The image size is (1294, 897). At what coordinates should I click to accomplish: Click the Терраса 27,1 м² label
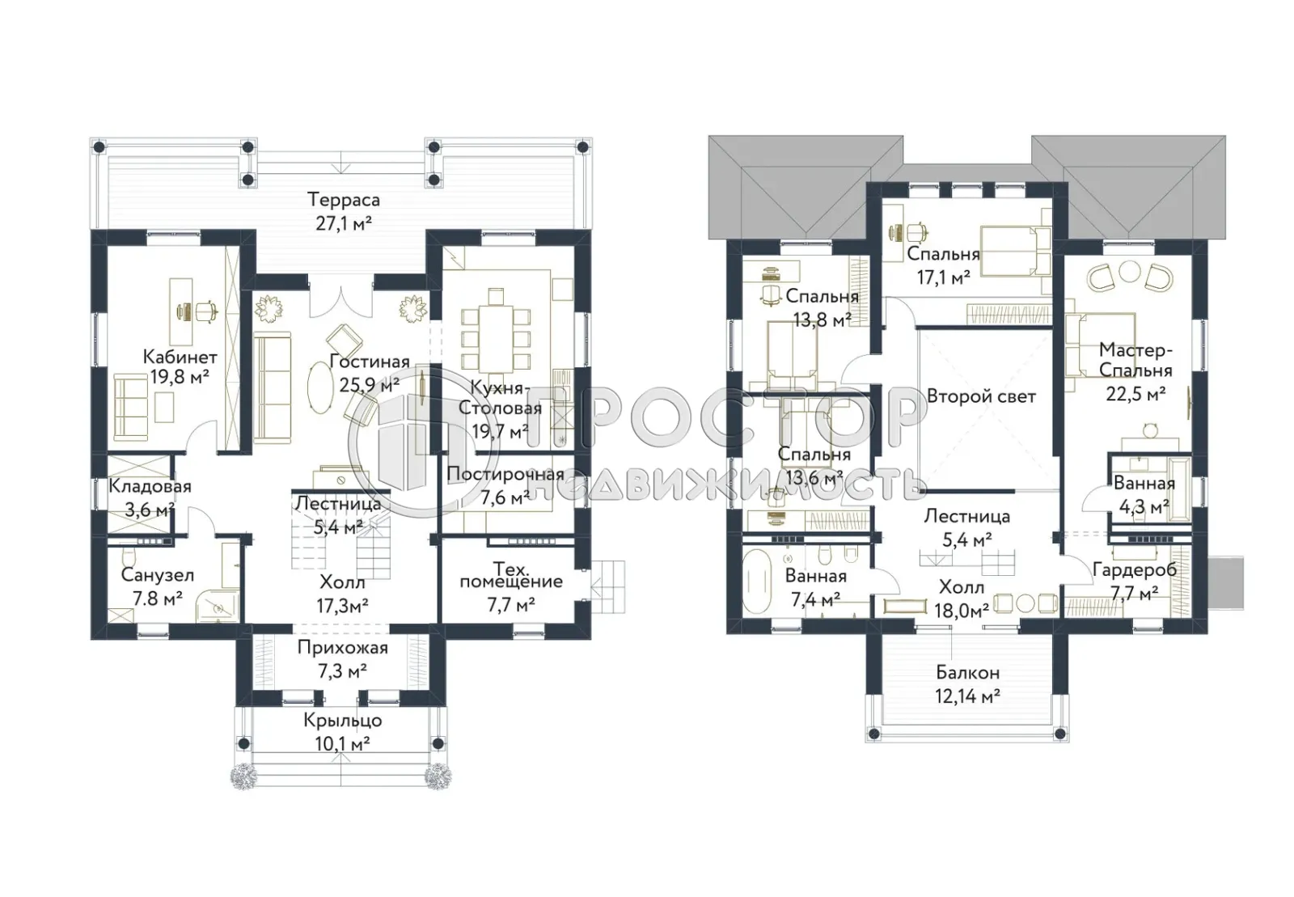pos(343,211)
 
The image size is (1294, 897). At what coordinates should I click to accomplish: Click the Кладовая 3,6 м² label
pos(149,497)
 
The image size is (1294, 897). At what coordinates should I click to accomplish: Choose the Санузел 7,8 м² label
pos(157,586)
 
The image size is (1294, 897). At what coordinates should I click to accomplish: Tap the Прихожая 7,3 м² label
pos(342,658)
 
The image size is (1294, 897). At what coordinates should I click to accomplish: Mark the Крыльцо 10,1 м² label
pos(343,731)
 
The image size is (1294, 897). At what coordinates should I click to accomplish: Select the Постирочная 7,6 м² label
pos(505,485)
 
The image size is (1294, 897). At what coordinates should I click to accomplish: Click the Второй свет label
pos(980,396)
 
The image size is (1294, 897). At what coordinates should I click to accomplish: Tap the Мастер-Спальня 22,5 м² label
pos(1135,371)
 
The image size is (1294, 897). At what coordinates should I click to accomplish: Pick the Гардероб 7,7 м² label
pos(1134,582)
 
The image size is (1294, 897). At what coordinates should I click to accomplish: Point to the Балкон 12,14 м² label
pos(967,683)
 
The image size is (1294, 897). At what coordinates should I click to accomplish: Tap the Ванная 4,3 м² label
pos(1144,495)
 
